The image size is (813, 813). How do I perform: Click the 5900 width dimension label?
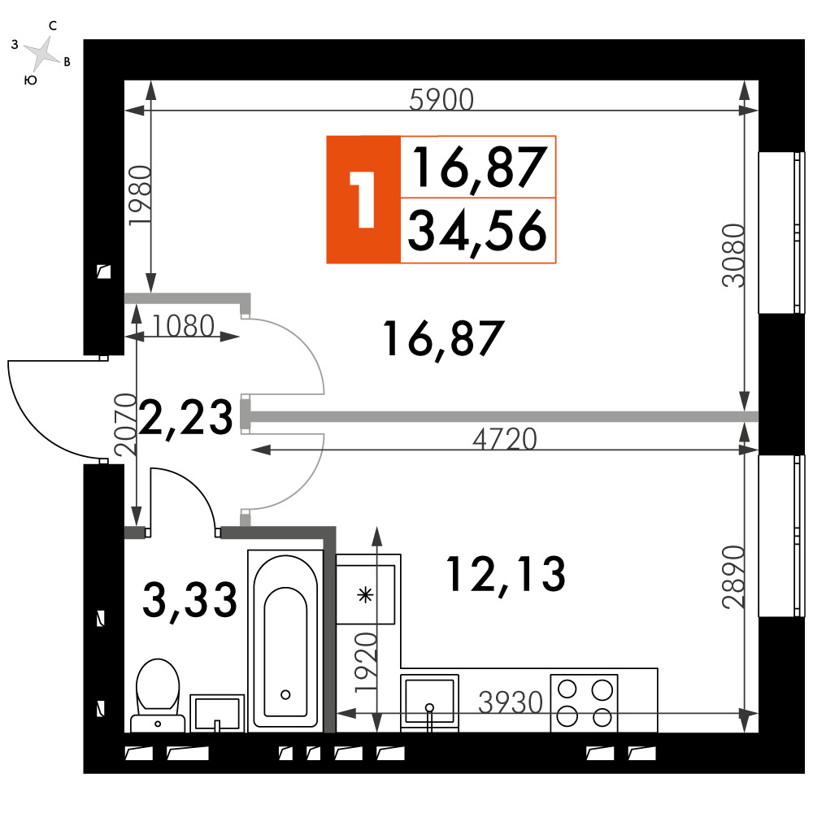441,99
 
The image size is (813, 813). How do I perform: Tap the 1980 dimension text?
140,195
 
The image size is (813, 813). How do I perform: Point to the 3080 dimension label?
733,255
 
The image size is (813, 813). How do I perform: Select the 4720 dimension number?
505,439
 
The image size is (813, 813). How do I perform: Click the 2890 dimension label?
733,576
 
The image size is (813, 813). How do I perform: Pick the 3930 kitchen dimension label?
511,702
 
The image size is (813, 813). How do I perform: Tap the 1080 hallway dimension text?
183,326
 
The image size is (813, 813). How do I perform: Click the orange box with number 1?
363,200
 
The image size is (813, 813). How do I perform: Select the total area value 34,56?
477,231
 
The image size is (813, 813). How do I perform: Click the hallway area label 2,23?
186,417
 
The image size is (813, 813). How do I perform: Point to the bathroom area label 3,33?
189,599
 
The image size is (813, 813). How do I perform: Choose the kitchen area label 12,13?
506,574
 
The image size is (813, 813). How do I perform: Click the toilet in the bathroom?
158,695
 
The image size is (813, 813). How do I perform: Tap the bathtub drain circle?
285,695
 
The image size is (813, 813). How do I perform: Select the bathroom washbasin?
217,713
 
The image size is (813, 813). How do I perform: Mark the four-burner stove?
584,703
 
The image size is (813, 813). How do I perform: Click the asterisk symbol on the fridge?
366,595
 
